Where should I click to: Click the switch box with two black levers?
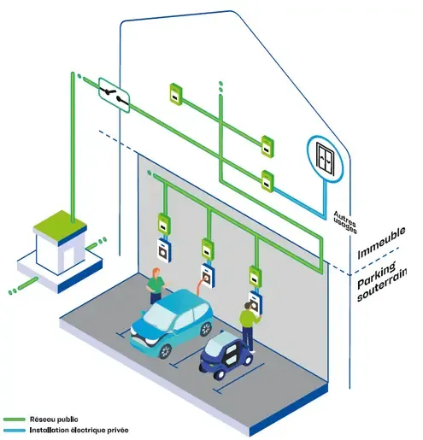point(115,95)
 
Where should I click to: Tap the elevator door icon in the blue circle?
point(326,159)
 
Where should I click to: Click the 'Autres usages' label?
point(345,222)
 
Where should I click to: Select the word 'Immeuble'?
point(381,243)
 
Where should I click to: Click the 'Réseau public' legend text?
point(54,419)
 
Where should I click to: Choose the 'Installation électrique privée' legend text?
point(79,430)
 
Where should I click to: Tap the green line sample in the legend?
point(15,419)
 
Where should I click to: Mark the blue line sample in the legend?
point(15,430)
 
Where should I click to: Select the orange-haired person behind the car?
point(156,285)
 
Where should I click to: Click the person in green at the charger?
point(250,327)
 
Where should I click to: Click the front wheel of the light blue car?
point(165,351)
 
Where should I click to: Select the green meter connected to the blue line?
point(267,181)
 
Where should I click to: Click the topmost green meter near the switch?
point(176,94)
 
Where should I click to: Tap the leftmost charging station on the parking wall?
point(164,250)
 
